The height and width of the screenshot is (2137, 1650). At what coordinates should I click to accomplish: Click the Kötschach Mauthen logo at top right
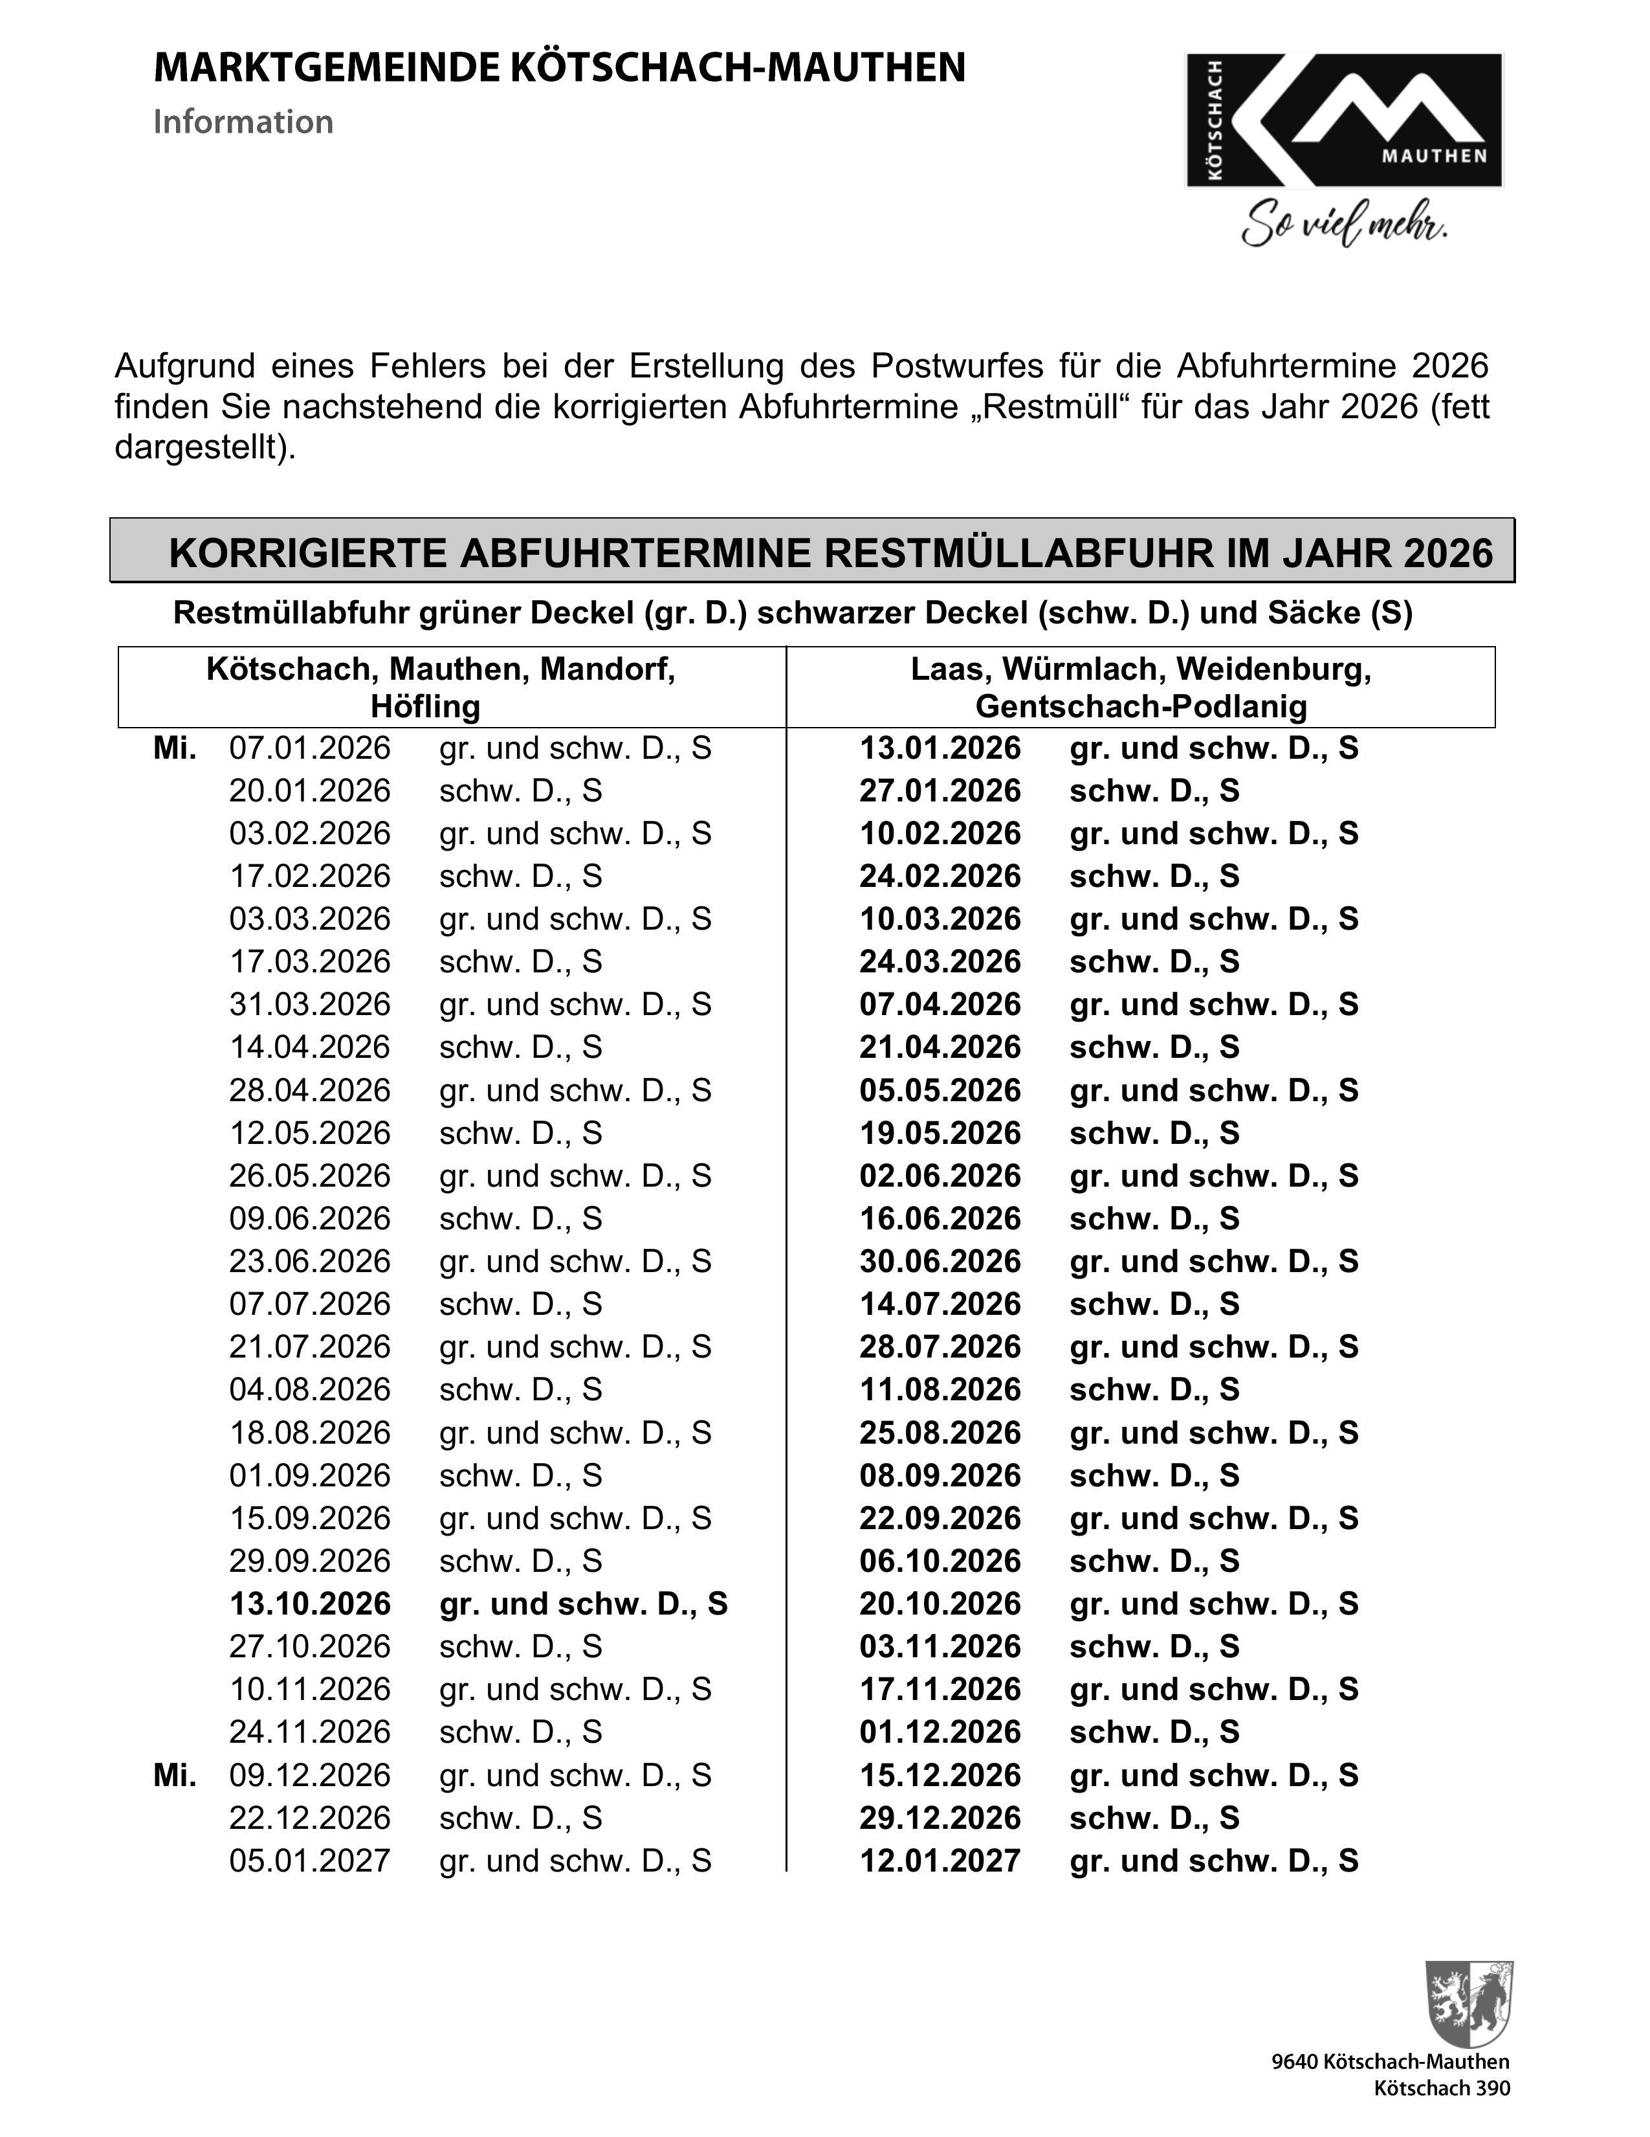(1344, 120)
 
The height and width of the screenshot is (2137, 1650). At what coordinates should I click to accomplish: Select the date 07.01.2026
(309, 748)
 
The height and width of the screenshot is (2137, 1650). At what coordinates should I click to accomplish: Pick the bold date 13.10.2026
(309, 1604)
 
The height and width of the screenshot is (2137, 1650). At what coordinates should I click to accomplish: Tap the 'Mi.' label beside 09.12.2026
(175, 1775)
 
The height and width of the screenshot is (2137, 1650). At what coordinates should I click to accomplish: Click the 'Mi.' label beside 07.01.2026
(175, 748)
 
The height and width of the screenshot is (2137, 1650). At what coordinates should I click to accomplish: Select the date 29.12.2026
(940, 1817)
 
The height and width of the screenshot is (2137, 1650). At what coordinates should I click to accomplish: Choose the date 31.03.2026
(309, 1005)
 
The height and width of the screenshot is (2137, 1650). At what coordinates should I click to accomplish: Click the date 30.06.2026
(940, 1261)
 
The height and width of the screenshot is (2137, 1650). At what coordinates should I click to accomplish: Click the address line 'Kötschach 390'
(1442, 2088)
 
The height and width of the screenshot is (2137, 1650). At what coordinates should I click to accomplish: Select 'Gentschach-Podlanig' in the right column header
(1140, 706)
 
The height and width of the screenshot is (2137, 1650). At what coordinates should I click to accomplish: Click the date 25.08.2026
(940, 1433)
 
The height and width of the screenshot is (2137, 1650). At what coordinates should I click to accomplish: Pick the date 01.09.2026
(309, 1475)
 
